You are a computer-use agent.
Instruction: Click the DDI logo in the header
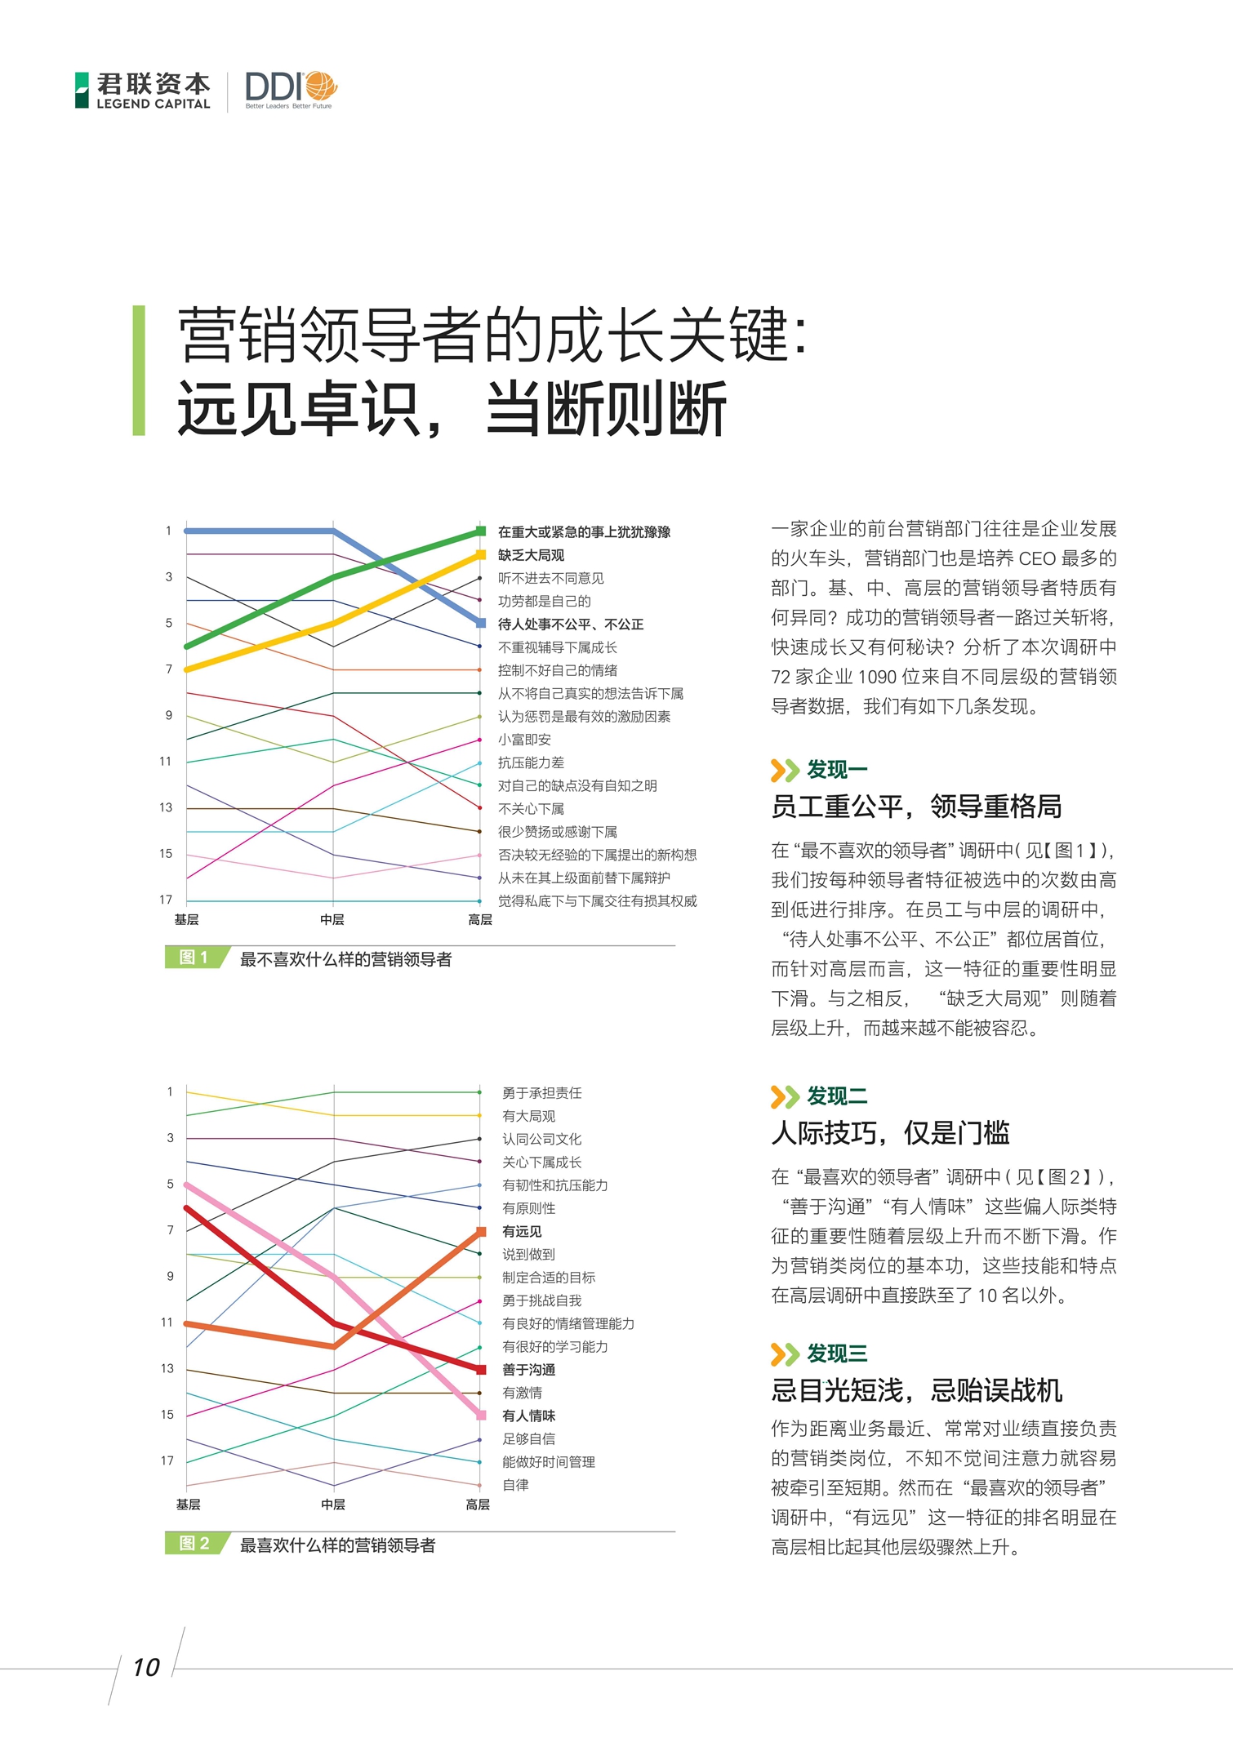290,89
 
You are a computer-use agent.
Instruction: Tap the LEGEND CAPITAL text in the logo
154,104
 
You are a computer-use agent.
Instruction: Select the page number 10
146,1668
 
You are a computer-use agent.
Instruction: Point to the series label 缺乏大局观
531,555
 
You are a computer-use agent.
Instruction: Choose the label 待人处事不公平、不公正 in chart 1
571,625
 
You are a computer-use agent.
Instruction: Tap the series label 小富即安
524,740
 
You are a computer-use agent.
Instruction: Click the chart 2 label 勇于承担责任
541,1092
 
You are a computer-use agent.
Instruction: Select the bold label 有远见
522,1231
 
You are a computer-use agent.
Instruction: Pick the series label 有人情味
528,1416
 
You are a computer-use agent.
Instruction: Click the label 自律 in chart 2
515,1485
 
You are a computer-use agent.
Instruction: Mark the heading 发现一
837,770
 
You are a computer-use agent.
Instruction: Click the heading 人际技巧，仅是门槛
890,1133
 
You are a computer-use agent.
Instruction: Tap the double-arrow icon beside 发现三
784,1354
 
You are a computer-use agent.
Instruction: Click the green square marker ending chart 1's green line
481,531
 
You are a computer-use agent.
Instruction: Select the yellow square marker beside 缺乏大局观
481,555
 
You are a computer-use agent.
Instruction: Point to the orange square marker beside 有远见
481,1231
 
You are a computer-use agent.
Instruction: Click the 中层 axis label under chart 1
332,920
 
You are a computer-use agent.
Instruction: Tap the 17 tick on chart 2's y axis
167,1460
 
